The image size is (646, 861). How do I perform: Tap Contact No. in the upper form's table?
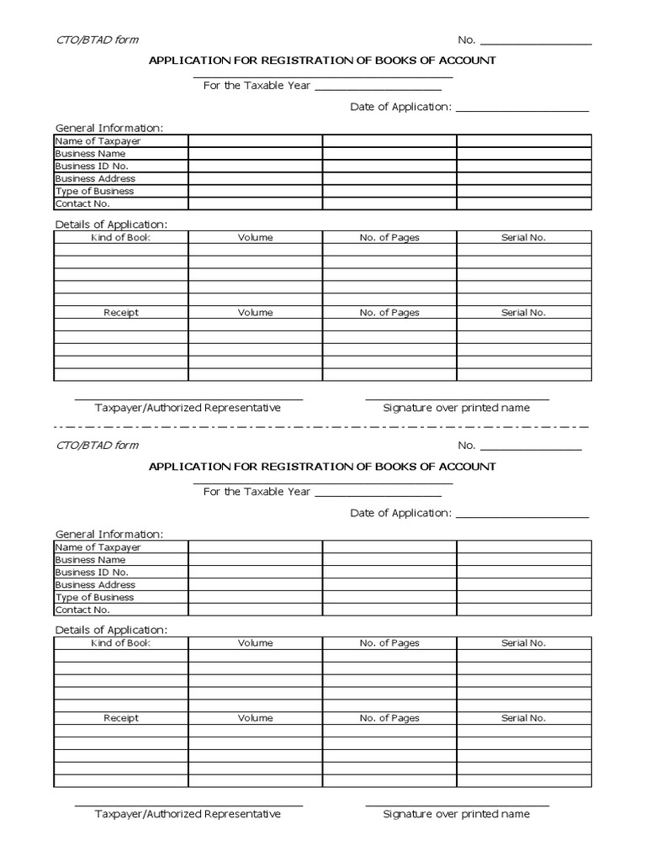click(82, 203)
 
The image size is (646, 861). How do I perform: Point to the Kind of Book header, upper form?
click(120, 238)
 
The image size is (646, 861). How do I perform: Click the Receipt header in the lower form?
click(120, 719)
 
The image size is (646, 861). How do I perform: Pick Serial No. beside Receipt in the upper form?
click(523, 313)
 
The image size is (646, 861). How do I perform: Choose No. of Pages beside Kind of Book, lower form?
click(389, 643)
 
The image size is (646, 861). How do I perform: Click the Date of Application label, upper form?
click(401, 108)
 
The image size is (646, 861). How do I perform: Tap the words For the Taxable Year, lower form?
click(257, 492)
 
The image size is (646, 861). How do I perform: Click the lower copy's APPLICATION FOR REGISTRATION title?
click(322, 467)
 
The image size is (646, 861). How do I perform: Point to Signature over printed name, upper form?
click(456, 408)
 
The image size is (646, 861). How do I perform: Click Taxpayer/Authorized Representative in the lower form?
click(188, 814)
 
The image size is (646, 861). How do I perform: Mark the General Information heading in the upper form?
click(109, 128)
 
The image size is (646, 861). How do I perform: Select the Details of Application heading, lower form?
click(111, 630)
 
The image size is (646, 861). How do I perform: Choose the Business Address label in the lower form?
click(95, 585)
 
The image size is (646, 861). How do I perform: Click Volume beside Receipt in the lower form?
click(255, 719)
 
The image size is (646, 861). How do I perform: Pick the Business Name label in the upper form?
click(90, 154)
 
